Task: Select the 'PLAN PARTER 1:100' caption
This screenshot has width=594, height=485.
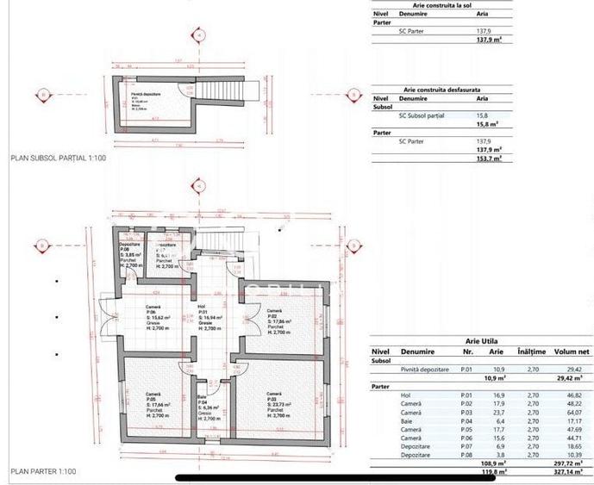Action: pos(43,472)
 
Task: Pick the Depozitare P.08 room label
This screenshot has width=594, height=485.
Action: pos(129,255)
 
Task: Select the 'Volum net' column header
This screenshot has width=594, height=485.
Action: pos(563,351)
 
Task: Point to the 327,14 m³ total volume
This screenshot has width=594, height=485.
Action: pos(565,472)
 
